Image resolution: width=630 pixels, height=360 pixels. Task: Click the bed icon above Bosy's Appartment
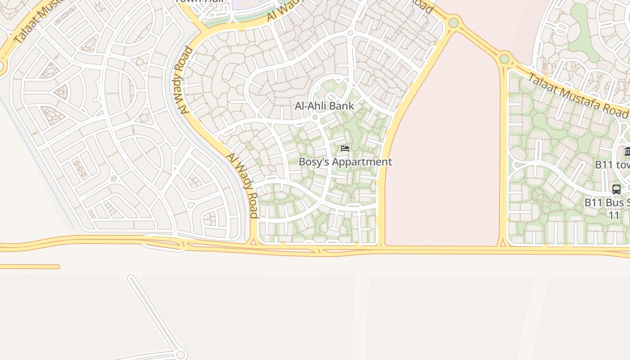click(x=345, y=148)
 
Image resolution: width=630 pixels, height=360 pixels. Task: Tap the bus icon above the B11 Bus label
click(x=616, y=189)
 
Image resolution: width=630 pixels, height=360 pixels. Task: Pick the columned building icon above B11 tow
click(x=627, y=151)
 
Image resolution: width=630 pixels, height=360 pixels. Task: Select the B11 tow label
click(x=612, y=165)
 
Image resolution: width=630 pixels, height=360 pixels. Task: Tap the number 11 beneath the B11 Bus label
click(x=614, y=215)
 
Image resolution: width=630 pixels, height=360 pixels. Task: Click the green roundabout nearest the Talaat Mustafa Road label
click(x=504, y=58)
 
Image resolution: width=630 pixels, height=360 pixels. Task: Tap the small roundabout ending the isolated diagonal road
click(x=181, y=355)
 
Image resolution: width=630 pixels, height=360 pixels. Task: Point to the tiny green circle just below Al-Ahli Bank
click(x=315, y=117)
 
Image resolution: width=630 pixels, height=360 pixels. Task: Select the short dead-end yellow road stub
click(x=29, y=267)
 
